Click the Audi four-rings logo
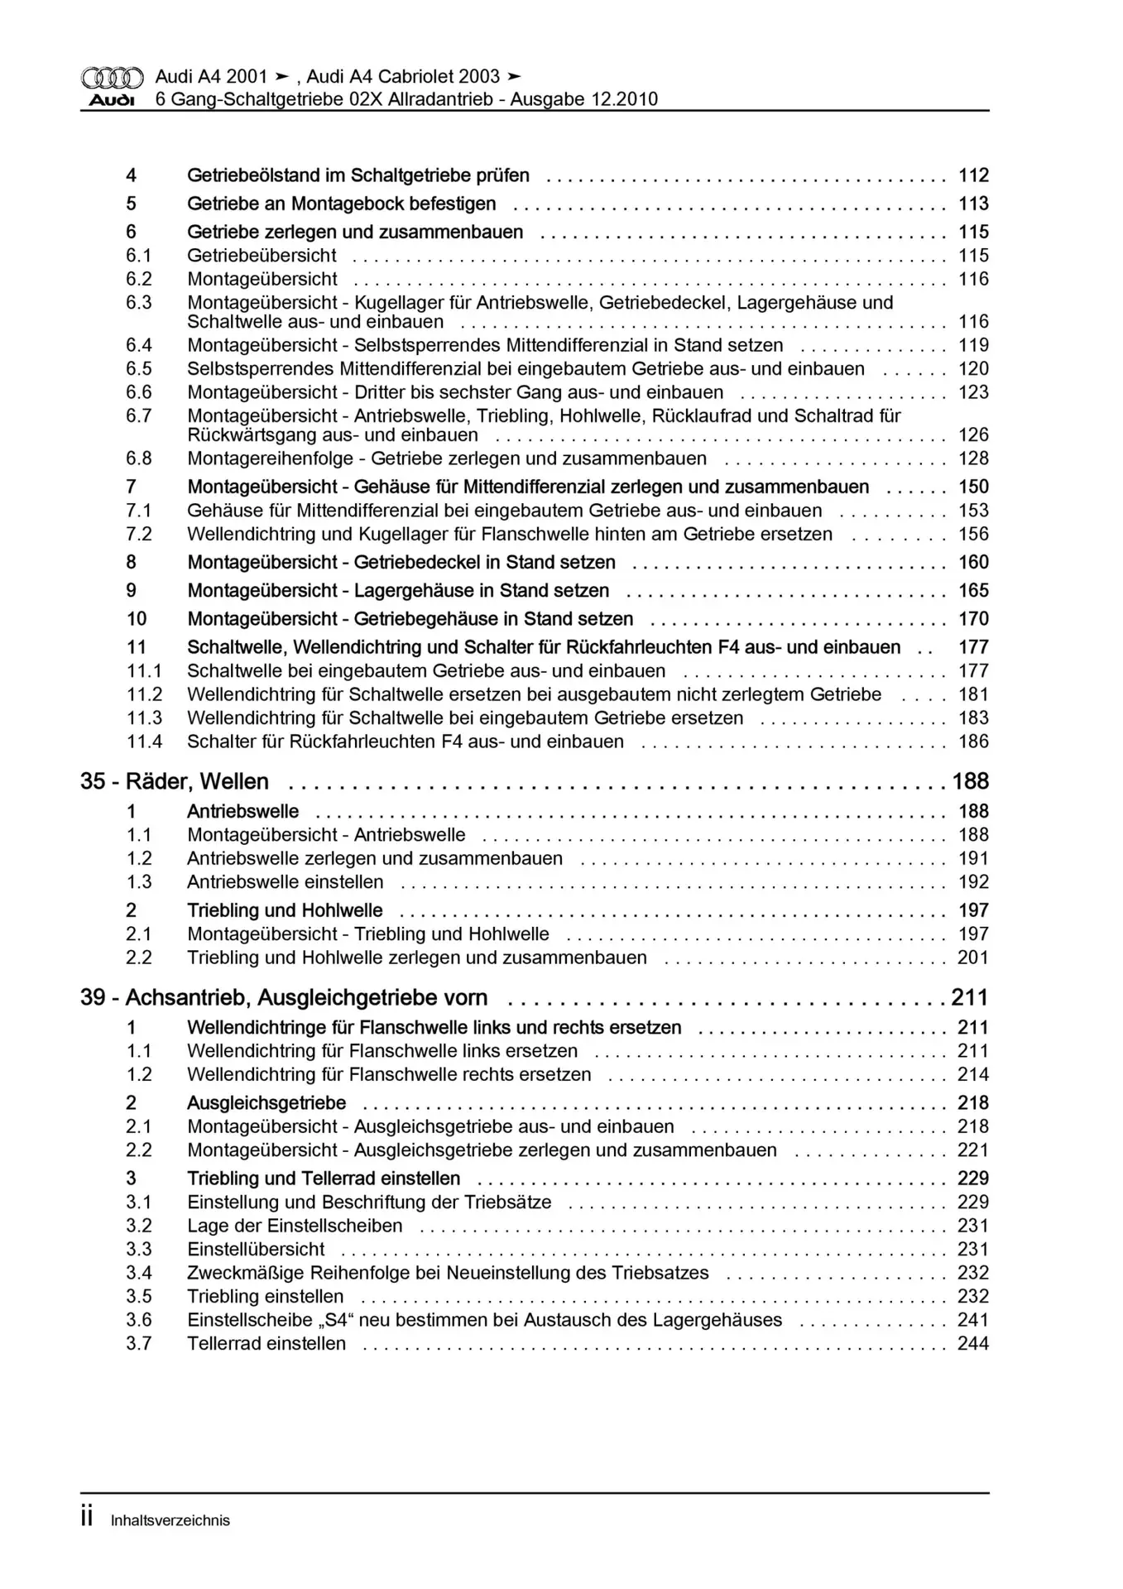point(112,78)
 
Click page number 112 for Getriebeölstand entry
point(973,175)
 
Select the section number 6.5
point(139,369)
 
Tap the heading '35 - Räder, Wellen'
point(175,782)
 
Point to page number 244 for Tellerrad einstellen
point(973,1344)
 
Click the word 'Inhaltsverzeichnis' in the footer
point(170,1520)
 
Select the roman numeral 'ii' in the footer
point(87,1519)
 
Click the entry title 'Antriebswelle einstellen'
point(286,882)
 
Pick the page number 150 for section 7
point(973,487)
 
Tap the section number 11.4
point(144,742)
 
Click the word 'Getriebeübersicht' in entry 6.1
point(262,256)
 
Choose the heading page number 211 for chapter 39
point(969,998)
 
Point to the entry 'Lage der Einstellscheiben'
point(295,1226)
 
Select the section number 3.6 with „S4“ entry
point(139,1320)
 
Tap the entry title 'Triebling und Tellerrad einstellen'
point(324,1179)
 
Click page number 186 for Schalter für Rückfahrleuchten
point(973,742)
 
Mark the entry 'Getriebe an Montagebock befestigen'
point(341,204)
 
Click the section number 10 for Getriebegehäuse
point(137,619)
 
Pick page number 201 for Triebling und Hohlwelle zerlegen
point(973,958)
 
